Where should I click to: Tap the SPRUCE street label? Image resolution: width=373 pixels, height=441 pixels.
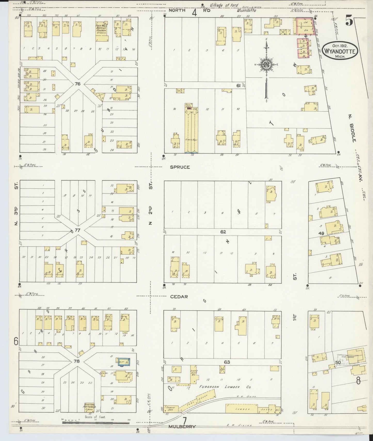tap(180, 167)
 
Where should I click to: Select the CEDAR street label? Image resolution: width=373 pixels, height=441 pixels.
tap(179, 297)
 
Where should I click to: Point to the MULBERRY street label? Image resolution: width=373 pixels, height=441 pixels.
tap(182, 427)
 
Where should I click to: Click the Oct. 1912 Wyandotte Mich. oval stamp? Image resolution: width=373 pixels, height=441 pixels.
tap(340, 50)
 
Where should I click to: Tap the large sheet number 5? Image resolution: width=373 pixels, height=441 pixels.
tap(349, 21)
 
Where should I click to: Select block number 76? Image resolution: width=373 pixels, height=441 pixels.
tap(77, 84)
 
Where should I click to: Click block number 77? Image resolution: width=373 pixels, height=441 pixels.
tap(77, 230)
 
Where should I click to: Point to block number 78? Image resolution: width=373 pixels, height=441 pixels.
tap(76, 361)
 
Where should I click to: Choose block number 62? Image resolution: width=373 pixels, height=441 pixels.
tap(223, 232)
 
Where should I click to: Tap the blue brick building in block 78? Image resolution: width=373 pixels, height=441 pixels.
tap(124, 362)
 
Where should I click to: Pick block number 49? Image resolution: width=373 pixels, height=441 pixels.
tap(321, 233)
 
